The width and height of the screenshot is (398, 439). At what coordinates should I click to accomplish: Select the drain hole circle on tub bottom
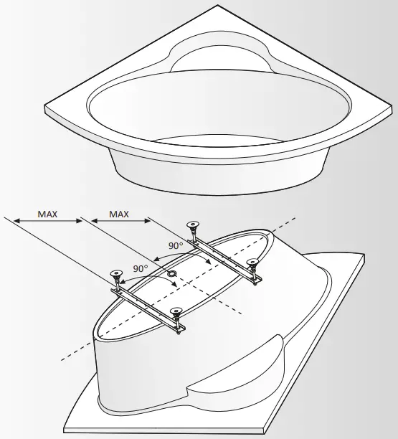172,275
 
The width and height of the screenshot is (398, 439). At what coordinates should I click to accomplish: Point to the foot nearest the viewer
176,315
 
